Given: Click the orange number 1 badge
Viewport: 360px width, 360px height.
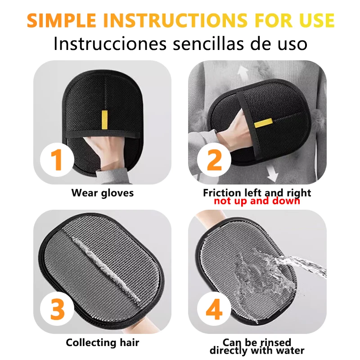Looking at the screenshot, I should pyautogui.click(x=57, y=161).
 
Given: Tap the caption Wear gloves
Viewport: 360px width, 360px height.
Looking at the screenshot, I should pyautogui.click(x=103, y=193).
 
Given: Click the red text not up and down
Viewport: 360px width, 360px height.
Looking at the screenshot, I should pyautogui.click(x=257, y=201).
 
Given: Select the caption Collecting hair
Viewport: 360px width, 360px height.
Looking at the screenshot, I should pyautogui.click(x=103, y=342).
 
